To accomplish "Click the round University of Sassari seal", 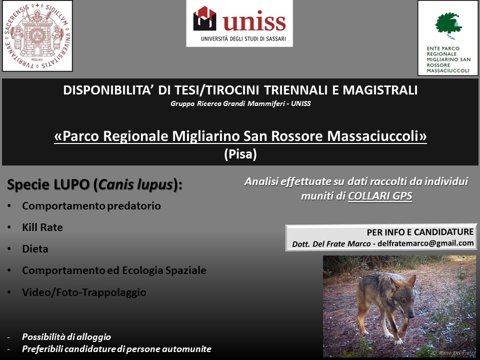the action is [x=37, y=35].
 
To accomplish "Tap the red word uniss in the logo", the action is [x=254, y=21].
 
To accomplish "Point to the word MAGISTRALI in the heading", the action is [x=380, y=90].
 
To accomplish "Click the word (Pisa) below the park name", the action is [x=240, y=154].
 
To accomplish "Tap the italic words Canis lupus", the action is [x=136, y=184].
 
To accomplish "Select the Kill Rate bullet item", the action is [x=42, y=227].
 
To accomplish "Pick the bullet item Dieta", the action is [x=35, y=249].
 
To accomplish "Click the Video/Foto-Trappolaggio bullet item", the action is [x=84, y=292].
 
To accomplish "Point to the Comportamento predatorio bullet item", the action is [x=91, y=206].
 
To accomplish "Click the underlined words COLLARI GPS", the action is [x=380, y=196].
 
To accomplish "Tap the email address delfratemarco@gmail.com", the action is [x=425, y=243].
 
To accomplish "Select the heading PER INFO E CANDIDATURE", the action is [x=420, y=232].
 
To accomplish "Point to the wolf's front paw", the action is [x=398, y=340].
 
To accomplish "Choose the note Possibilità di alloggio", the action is [x=66, y=337].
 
